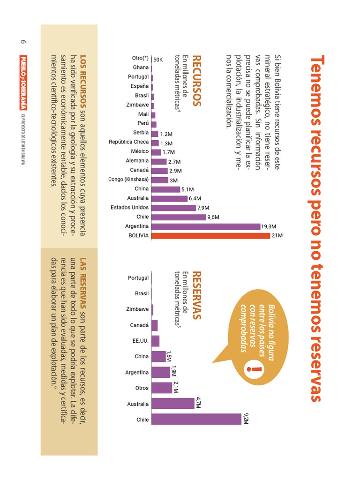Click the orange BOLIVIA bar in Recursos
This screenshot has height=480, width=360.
coord(210,236)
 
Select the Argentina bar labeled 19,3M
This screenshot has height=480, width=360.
coord(206,226)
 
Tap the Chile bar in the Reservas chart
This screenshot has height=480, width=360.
coord(196,419)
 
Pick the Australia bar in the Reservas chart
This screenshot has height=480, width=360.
coord(173,404)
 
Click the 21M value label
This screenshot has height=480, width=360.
coord(277,236)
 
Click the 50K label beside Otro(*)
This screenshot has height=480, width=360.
coord(158,60)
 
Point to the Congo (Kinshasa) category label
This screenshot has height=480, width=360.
coord(128,180)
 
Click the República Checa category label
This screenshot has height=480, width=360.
coord(128,142)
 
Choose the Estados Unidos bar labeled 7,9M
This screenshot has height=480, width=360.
coord(173,208)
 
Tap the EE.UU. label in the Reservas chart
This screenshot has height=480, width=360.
coord(140,341)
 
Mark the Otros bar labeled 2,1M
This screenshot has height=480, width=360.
coord(162,388)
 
